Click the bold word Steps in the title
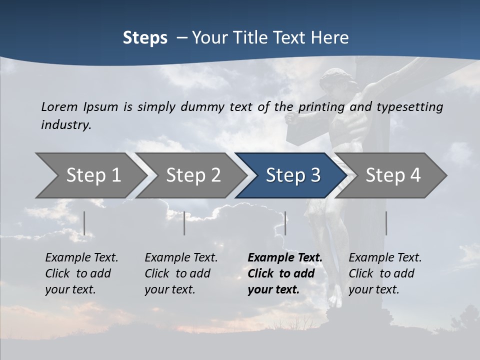click(x=145, y=38)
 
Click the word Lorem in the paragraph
click(x=59, y=106)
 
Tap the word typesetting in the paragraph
click(x=409, y=107)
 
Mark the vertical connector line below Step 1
click(x=84, y=223)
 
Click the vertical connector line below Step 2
click(x=184, y=223)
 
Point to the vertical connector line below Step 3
click(x=285, y=223)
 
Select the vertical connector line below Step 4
click(x=386, y=223)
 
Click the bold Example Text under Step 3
click(x=285, y=257)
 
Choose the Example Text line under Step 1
click(x=81, y=257)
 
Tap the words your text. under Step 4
click(x=373, y=289)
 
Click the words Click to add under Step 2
click(x=177, y=273)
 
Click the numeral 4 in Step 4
click(x=414, y=175)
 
